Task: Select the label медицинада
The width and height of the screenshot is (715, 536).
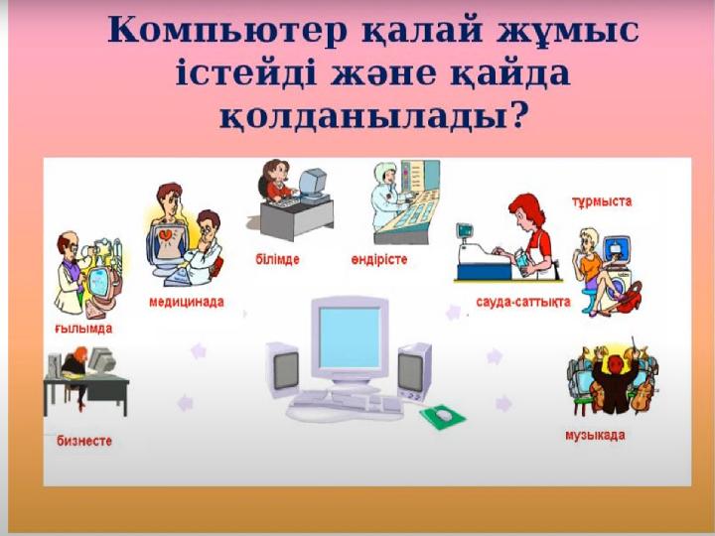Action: tap(186, 301)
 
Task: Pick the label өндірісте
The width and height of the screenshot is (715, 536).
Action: tap(378, 259)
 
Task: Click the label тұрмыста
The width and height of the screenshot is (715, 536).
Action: tap(602, 201)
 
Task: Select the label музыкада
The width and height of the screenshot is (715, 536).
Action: tap(595, 436)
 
